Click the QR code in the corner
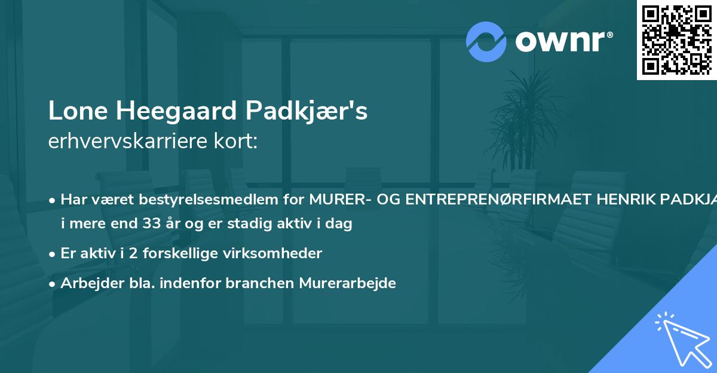tap(676, 39)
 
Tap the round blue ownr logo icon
tap(486, 41)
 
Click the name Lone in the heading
tap(76, 111)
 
